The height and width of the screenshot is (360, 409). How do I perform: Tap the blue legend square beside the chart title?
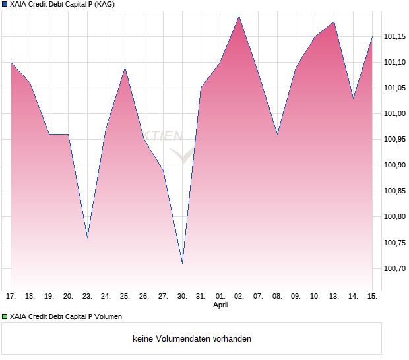(5, 5)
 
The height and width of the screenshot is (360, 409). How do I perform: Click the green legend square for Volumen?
(5, 317)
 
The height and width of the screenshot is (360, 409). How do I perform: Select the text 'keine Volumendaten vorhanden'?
(192, 339)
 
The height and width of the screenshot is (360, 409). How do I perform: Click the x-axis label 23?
(87, 297)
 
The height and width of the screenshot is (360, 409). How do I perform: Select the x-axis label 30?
(182, 297)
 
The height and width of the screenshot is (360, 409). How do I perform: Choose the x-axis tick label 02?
(239, 297)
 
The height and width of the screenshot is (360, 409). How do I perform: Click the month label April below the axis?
(220, 305)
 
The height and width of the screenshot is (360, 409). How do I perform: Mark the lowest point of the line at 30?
(182, 263)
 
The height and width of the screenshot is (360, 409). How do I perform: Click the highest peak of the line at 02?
(239, 16)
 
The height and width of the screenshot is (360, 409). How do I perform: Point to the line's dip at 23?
(87, 237)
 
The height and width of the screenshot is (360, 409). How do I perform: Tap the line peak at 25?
(125, 68)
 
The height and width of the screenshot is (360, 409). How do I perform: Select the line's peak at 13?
(334, 22)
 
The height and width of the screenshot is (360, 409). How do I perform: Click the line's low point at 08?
(277, 134)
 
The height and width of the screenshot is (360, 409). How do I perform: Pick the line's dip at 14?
(353, 98)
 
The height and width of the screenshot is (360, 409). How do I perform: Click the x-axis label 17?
(11, 297)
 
